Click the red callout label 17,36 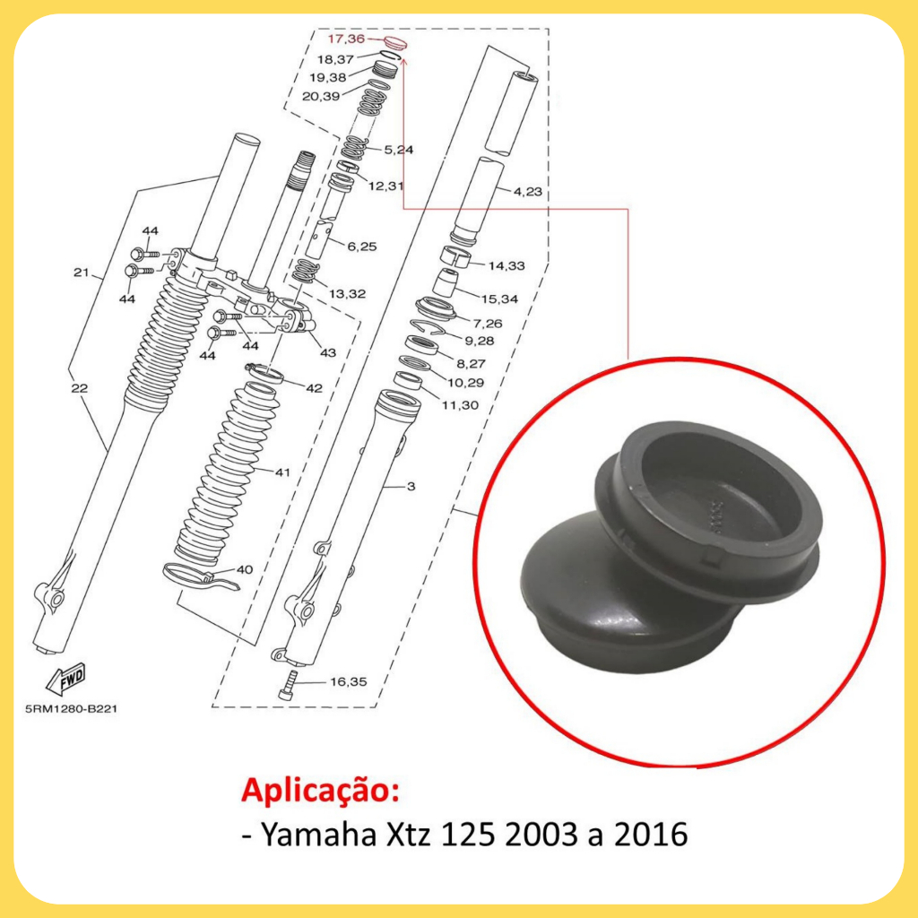(345, 39)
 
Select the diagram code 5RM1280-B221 (71, 709)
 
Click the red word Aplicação (321, 792)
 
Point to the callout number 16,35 (349, 681)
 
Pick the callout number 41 (282, 472)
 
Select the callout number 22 (80, 388)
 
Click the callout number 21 (81, 273)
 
